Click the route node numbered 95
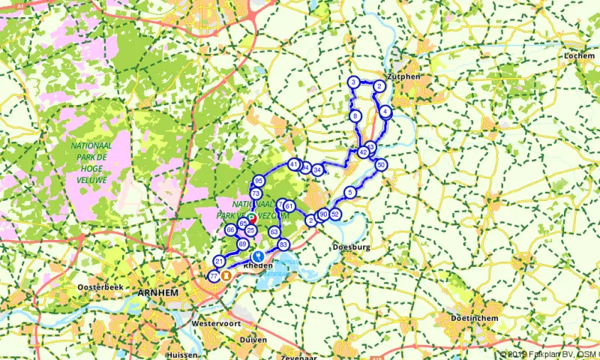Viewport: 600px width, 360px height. pos(259,181)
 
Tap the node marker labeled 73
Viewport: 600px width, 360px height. pos(256,193)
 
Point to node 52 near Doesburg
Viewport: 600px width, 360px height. pos(335,214)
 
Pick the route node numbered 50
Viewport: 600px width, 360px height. pos(381,165)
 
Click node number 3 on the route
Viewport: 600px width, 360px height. pos(352,82)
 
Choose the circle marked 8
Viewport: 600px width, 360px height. pos(355,116)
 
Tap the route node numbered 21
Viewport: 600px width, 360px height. pos(219,261)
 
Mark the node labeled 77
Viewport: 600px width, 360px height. pos(214,276)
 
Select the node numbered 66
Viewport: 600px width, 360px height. pos(232,229)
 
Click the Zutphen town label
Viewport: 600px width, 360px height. pos(400,76)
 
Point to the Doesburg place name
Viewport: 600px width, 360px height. pos(351,245)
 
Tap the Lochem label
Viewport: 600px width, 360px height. pos(580,55)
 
